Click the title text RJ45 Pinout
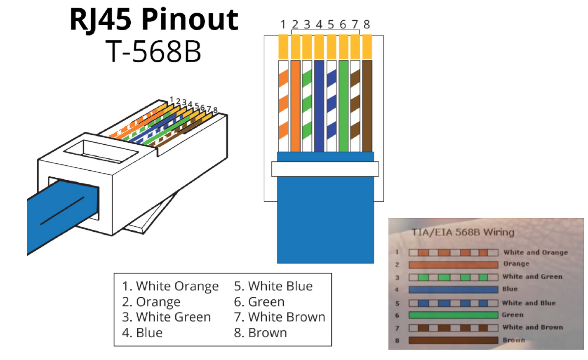pyautogui.click(x=154, y=20)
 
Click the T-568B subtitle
pyautogui.click(x=153, y=52)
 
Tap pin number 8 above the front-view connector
pyautogui.click(x=367, y=24)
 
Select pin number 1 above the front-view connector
pyautogui.click(x=283, y=25)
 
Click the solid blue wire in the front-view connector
pyautogui.click(x=319, y=106)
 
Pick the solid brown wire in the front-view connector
pyautogui.click(x=367, y=106)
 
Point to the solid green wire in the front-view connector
pyautogui.click(x=343, y=106)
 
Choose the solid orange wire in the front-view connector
pyautogui.click(x=295, y=106)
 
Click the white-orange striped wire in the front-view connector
pyautogui.click(x=283, y=106)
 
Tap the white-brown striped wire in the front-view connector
pyautogui.click(x=355, y=106)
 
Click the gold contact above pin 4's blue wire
pyautogui.click(x=319, y=47)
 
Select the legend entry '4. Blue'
pyautogui.click(x=142, y=333)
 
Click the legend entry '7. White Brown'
pyautogui.click(x=280, y=317)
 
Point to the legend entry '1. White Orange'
pyautogui.click(x=170, y=286)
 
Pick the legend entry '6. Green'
pyautogui.click(x=259, y=302)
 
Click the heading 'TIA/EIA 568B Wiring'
pyautogui.click(x=463, y=232)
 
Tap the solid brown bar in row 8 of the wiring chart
pyautogui.click(x=453, y=340)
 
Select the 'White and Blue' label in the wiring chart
pyautogui.click(x=529, y=303)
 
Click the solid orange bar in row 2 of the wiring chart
pyautogui.click(x=453, y=265)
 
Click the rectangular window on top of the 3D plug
pyautogui.click(x=101, y=151)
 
